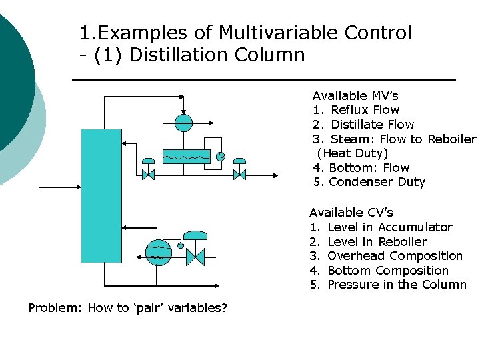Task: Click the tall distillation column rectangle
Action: (101, 186)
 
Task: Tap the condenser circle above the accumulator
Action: (183, 122)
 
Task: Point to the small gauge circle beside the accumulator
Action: (221, 157)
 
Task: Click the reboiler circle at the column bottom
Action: (158, 253)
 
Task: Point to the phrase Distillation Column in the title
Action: (217, 55)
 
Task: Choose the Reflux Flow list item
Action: (365, 110)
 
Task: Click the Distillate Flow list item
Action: (372, 125)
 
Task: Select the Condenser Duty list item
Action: (377, 182)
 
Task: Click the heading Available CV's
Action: (351, 213)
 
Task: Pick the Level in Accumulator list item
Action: (389, 227)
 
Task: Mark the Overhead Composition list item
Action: (395, 256)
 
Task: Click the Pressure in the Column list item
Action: (397, 285)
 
